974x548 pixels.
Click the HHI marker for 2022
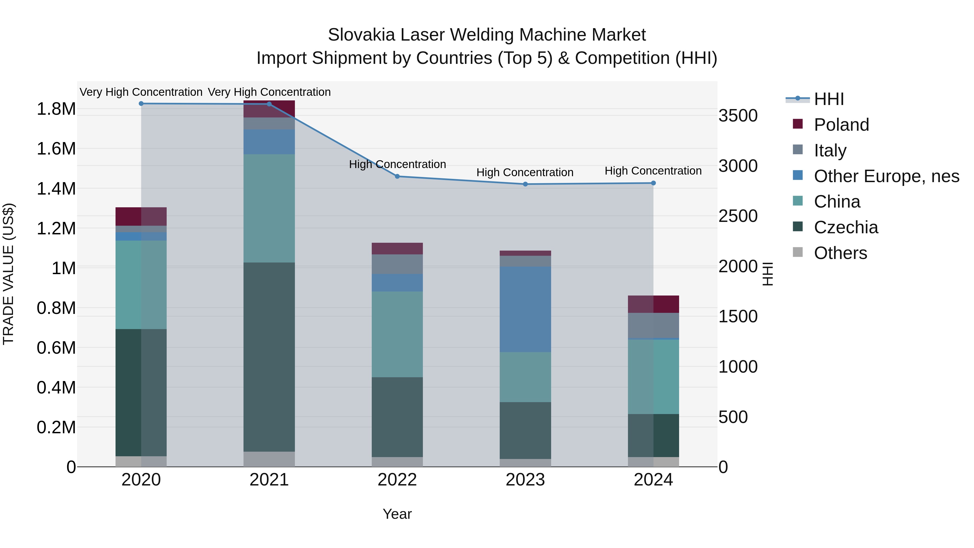pyautogui.click(x=397, y=176)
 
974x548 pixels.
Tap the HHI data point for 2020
pyautogui.click(x=141, y=104)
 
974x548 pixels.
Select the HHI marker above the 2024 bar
pyautogui.click(x=653, y=183)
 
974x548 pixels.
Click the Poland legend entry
pyautogui.click(x=841, y=125)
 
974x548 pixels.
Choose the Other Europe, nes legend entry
pyautogui.click(x=886, y=176)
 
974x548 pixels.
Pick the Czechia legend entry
pyautogui.click(x=845, y=227)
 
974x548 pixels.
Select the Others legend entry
pyautogui.click(x=840, y=253)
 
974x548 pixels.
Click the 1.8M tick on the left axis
pyautogui.click(x=56, y=109)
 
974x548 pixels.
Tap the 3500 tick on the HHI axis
pyautogui.click(x=738, y=116)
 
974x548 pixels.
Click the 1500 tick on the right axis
pyautogui.click(x=738, y=317)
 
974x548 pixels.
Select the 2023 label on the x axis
pyautogui.click(x=525, y=480)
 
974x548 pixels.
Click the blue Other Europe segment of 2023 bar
pyautogui.click(x=525, y=309)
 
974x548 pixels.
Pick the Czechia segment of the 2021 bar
pyautogui.click(x=269, y=357)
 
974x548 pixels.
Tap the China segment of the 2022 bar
pyautogui.click(x=397, y=334)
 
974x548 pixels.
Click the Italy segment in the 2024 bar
pyautogui.click(x=653, y=325)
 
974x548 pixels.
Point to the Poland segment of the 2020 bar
pyautogui.click(x=141, y=216)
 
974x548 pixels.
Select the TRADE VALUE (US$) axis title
pyautogui.click(x=8, y=274)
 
